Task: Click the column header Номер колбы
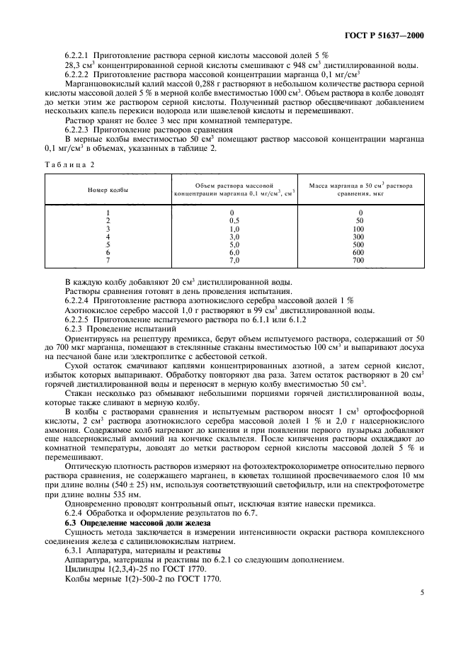click(108, 191)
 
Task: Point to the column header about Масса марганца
click(360, 190)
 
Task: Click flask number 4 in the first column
click(108, 237)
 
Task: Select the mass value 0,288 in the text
click(183, 83)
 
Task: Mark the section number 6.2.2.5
click(80, 319)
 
